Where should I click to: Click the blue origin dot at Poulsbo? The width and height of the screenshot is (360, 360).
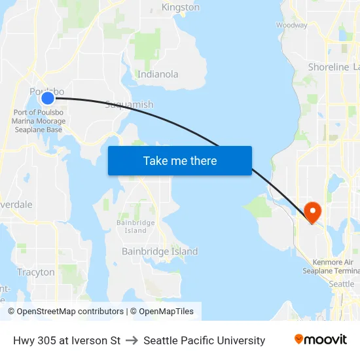[x=48, y=98]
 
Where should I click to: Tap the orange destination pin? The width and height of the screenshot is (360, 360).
[x=312, y=211]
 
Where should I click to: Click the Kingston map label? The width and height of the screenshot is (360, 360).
[x=181, y=7]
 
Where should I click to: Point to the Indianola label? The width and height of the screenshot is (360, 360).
[x=158, y=74]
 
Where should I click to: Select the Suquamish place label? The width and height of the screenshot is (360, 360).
[x=129, y=105]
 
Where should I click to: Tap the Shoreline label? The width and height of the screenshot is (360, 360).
[x=329, y=67]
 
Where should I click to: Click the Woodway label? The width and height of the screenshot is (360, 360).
[x=292, y=26]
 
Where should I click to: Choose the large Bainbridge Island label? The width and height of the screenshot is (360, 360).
[x=160, y=251]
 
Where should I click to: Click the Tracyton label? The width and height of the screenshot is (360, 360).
[x=36, y=272]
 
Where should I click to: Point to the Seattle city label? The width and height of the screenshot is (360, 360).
[x=341, y=284]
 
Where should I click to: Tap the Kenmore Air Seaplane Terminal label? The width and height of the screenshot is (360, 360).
[x=331, y=266]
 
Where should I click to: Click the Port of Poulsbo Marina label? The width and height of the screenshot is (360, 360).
[x=39, y=121]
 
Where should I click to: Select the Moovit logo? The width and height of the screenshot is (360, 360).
[x=321, y=340]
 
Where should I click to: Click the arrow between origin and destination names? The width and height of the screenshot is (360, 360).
[x=132, y=340]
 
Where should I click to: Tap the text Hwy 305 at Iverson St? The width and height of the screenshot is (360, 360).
[x=67, y=340]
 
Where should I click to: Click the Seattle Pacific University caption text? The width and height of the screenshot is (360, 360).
[x=204, y=340]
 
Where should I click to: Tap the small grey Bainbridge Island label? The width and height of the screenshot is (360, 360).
[x=135, y=226]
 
